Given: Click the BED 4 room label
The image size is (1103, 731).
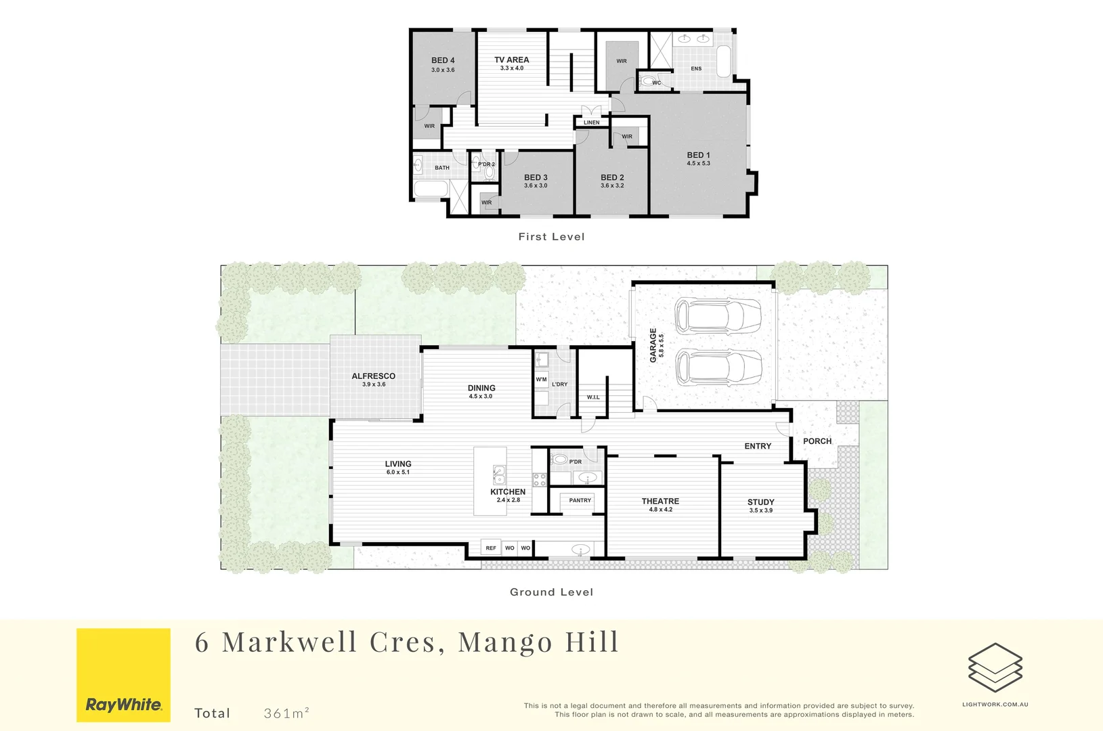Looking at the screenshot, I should [443, 60].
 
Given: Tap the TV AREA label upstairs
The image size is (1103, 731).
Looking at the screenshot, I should [511, 60].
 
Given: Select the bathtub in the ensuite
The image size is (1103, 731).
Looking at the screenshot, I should [723, 61].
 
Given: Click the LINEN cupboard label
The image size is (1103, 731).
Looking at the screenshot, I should [592, 123].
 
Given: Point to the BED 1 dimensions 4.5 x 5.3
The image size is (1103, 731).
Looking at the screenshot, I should [698, 164].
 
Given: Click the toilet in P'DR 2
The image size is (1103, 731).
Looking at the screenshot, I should [489, 173].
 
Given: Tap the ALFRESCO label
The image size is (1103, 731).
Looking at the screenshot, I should [373, 376].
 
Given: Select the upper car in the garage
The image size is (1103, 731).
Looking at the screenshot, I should [718, 316].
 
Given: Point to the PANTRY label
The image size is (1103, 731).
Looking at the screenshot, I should [580, 500].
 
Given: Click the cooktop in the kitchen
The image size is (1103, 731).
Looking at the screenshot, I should [540, 480].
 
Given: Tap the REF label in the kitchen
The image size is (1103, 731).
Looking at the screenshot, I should [491, 548].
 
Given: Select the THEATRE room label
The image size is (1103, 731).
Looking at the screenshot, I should [660, 501].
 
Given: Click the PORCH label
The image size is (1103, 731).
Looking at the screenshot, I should [817, 441].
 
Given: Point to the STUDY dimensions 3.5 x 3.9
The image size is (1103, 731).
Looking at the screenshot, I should [760, 510].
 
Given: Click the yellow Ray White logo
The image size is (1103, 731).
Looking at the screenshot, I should [123, 675].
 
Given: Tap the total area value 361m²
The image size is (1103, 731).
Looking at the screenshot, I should [286, 713].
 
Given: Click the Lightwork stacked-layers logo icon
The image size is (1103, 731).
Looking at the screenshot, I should [995, 667].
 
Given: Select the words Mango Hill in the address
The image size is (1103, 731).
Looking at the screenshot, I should [538, 642].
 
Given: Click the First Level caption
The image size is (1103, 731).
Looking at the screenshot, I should [551, 236].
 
